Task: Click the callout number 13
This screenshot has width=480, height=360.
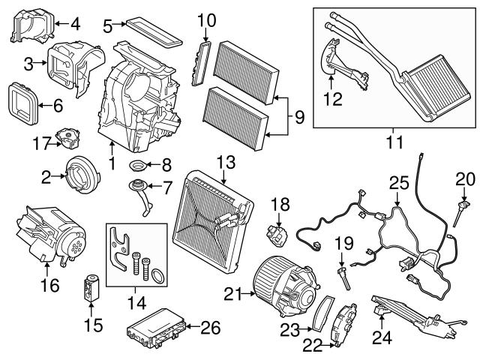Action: coord(225,160)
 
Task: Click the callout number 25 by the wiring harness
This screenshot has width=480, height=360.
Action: coord(397,182)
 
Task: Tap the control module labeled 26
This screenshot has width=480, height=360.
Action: coord(153,328)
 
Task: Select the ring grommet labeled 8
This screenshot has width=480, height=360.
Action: coord(138,166)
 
